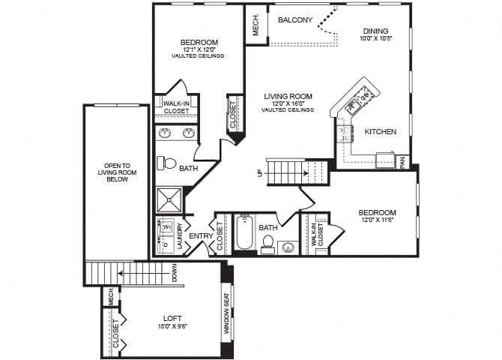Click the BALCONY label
(x=294, y=20)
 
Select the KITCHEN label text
(x=380, y=132)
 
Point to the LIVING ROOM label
(x=288, y=96)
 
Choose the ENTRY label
(x=200, y=236)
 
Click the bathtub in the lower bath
(x=244, y=233)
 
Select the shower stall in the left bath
(x=169, y=200)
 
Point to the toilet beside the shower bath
(x=168, y=163)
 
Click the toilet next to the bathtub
(x=267, y=244)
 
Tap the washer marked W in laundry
(x=167, y=226)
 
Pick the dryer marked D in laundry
(x=166, y=244)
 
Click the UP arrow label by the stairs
(x=259, y=173)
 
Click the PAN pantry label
(x=402, y=162)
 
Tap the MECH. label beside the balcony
(x=255, y=24)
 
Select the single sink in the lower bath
(x=288, y=247)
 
